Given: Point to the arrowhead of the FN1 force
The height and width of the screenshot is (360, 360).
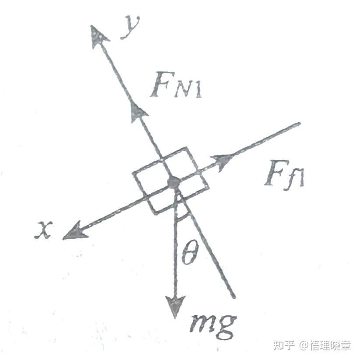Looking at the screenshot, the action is pyautogui.click(x=138, y=109).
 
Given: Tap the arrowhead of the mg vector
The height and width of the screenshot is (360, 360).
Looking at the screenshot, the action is pyautogui.click(x=176, y=306).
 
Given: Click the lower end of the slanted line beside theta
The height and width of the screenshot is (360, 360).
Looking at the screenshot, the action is pyautogui.click(x=234, y=297).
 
